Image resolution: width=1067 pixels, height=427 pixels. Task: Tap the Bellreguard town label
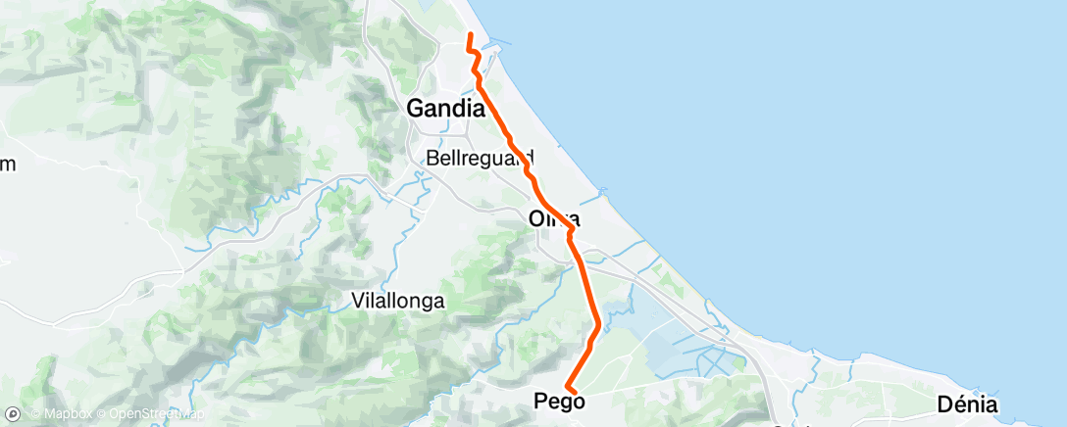pyautogui.click(x=480, y=157)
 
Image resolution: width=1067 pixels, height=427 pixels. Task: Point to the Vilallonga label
pyautogui.click(x=398, y=302)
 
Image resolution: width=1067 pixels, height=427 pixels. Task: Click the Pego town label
pyautogui.click(x=559, y=401)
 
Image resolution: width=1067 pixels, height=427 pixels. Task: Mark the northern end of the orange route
pyautogui.click(x=470, y=35)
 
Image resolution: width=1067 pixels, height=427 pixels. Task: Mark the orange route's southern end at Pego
pyautogui.click(x=568, y=393)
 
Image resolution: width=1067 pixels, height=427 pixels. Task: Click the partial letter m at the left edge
pyautogui.click(x=8, y=164)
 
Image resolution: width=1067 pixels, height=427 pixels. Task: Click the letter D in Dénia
pyautogui.click(x=944, y=403)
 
